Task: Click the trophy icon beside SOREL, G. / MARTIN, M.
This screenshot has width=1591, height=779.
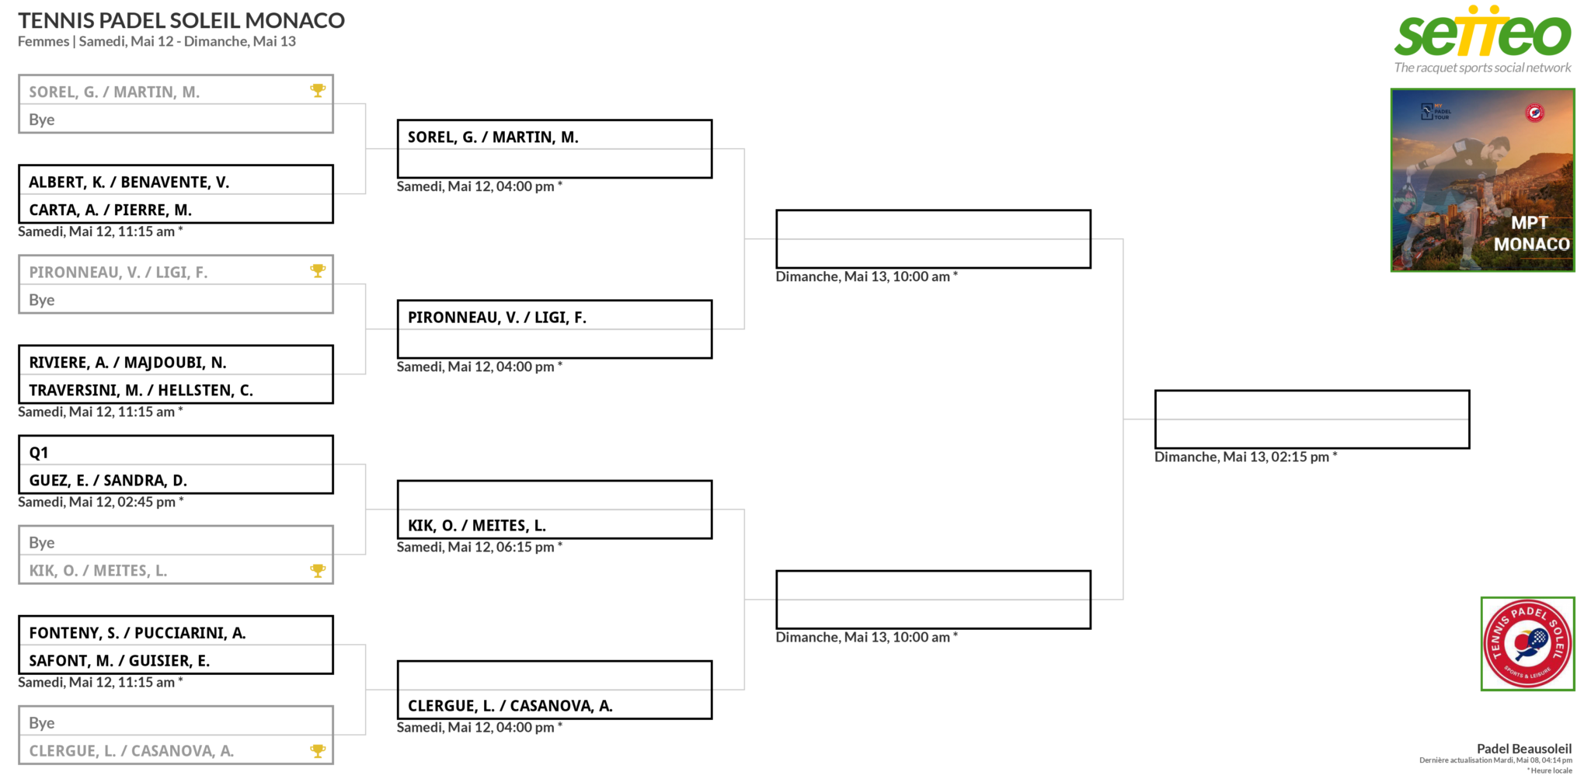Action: (x=318, y=90)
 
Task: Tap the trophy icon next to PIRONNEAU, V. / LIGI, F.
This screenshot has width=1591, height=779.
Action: (x=318, y=270)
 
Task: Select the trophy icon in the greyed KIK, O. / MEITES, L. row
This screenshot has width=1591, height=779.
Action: (x=318, y=570)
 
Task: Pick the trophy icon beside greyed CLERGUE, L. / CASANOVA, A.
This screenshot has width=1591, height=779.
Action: (x=318, y=750)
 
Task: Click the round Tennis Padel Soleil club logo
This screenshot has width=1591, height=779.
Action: (x=1527, y=643)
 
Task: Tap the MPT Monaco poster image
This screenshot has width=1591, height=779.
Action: (x=1482, y=180)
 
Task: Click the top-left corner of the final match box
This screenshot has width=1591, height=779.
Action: (x=1155, y=391)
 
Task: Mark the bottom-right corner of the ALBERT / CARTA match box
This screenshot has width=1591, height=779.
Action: (x=333, y=223)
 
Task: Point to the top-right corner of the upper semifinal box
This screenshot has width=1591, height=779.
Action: (x=1091, y=210)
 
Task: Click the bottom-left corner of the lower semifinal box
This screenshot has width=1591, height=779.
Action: (x=776, y=628)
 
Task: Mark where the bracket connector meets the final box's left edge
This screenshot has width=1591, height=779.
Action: (x=1155, y=419)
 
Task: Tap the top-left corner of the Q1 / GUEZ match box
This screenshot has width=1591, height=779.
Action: (x=19, y=436)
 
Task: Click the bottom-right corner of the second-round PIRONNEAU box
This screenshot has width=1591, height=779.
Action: (x=712, y=358)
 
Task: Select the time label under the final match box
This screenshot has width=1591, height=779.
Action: (x=1246, y=457)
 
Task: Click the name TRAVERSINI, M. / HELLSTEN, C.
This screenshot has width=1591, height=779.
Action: (x=141, y=390)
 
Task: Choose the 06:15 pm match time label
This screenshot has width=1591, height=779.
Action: (x=479, y=547)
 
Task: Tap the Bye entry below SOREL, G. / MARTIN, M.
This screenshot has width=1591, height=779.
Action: (x=42, y=120)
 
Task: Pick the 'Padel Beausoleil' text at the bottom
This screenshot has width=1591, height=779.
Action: (x=1524, y=749)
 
